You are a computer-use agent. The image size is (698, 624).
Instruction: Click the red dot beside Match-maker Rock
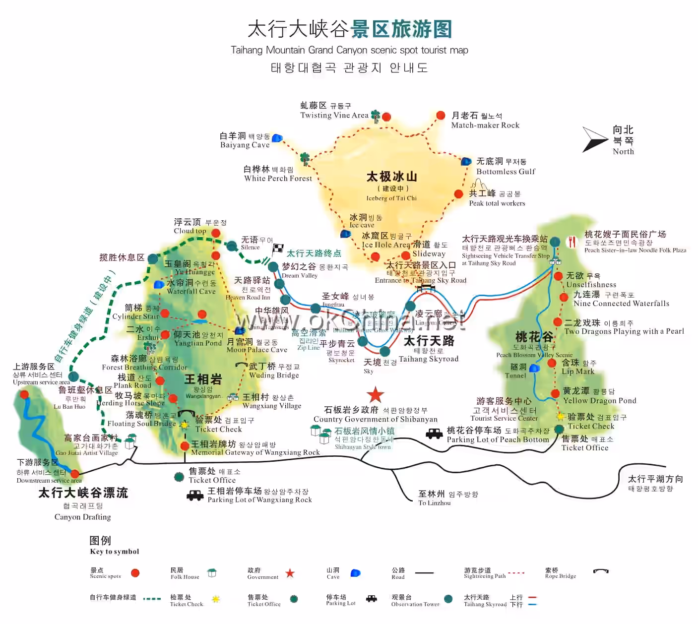click(x=441, y=116)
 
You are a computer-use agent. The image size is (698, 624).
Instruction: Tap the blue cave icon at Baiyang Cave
click(x=277, y=138)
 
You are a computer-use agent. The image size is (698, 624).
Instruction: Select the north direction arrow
click(x=594, y=139)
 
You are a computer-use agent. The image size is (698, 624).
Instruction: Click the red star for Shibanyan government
click(x=376, y=395)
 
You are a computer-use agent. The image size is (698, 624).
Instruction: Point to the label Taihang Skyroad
click(x=429, y=359)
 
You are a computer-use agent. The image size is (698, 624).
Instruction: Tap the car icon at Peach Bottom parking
click(x=434, y=434)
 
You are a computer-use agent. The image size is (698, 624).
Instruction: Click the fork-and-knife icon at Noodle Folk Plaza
click(x=572, y=242)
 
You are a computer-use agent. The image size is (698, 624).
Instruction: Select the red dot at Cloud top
click(x=216, y=233)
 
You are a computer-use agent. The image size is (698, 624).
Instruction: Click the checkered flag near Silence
click(x=278, y=248)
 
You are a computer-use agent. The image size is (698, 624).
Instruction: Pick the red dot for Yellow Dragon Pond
click(x=555, y=394)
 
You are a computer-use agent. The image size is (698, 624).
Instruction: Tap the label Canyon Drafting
click(x=83, y=517)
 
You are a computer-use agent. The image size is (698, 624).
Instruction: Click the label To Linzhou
click(x=435, y=503)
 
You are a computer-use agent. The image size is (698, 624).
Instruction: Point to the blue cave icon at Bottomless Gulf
click(x=466, y=161)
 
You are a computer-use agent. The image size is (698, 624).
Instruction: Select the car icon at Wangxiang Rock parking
click(x=195, y=495)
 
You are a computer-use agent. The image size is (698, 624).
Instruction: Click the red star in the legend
click(x=290, y=573)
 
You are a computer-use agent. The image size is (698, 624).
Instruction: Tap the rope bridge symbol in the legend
click(x=601, y=571)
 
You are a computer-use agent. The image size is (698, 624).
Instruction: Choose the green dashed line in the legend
click(x=152, y=599)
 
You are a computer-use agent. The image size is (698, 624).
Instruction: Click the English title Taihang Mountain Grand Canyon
click(x=349, y=50)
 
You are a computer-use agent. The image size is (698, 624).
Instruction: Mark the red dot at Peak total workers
click(x=459, y=194)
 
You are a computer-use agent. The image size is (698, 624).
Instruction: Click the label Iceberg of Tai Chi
click(x=391, y=198)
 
